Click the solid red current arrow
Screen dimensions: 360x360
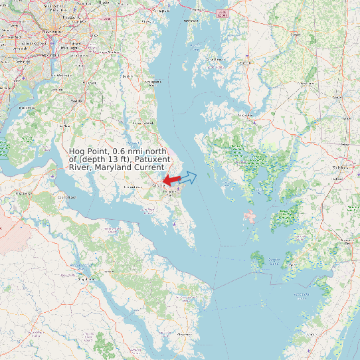pos(172,180)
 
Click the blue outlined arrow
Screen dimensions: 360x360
pos(189,177)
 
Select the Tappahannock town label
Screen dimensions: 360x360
pos(84,280)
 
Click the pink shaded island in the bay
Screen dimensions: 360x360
pos(250,217)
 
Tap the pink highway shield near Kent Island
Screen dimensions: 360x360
pos(223,13)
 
